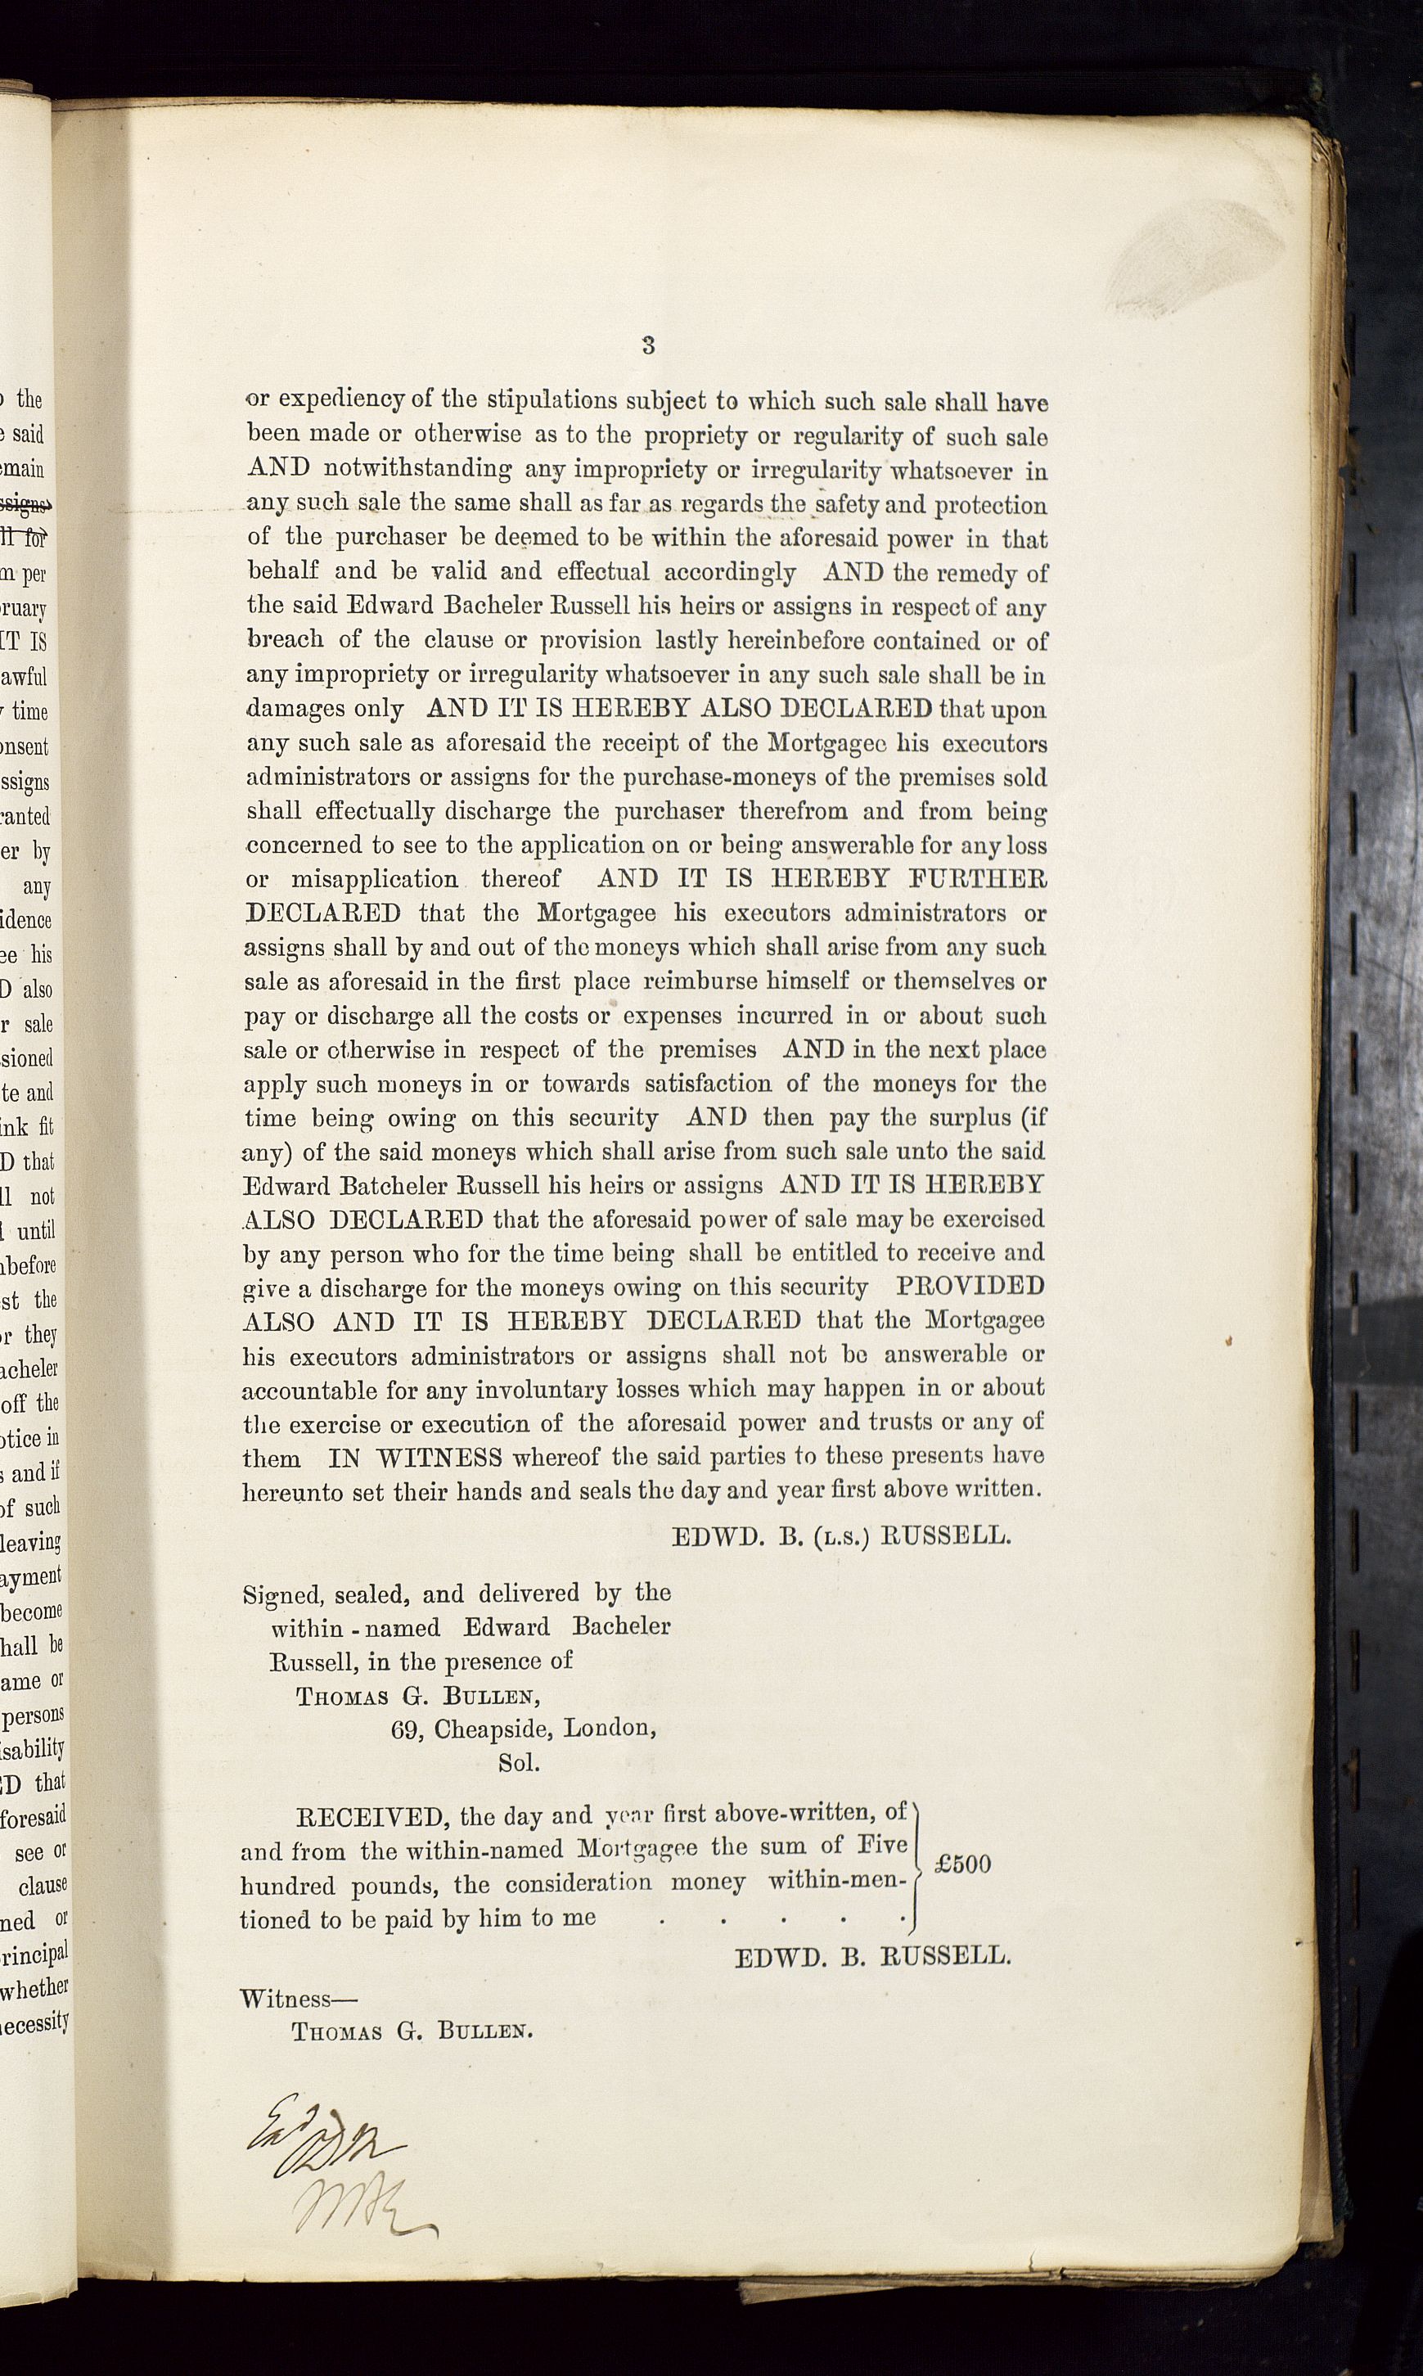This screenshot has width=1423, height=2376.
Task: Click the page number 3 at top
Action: pyautogui.click(x=648, y=346)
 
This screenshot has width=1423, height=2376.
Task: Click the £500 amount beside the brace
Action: pyautogui.click(x=963, y=1864)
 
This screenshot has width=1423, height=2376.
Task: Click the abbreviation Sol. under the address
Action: pyautogui.click(x=519, y=1762)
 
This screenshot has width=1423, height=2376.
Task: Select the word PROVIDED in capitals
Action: pyautogui.click(x=970, y=1286)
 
